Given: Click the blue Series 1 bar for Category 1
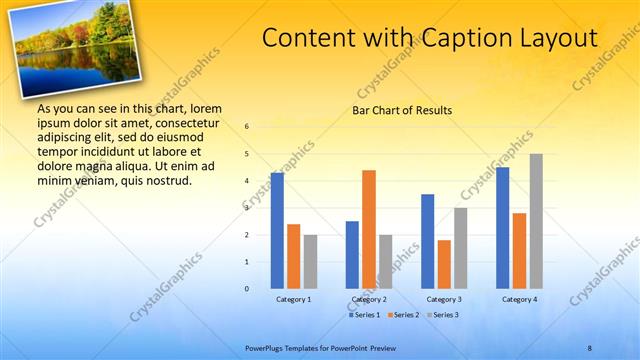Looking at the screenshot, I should point(277,231).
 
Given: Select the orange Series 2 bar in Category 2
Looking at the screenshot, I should point(369,229).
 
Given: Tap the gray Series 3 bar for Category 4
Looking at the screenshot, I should point(536,221).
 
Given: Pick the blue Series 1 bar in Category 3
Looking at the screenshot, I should point(428,241).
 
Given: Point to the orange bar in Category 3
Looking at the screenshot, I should point(444,264).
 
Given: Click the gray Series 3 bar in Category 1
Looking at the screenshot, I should point(310,262).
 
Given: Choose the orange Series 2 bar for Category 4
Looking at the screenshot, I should point(519,250).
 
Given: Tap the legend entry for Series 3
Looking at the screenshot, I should point(443,315).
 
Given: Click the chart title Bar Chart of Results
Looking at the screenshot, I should point(403,110).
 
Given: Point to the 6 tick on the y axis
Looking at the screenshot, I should point(247,127).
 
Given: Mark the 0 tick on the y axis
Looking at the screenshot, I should point(247,289).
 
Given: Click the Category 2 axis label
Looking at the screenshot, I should point(369,299).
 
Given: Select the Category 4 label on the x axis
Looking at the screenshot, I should point(519,299).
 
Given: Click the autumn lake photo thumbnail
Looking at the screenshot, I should point(77,49).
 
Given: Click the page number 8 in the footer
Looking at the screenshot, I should point(590,347).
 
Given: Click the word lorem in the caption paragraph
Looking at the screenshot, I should point(205,108).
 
